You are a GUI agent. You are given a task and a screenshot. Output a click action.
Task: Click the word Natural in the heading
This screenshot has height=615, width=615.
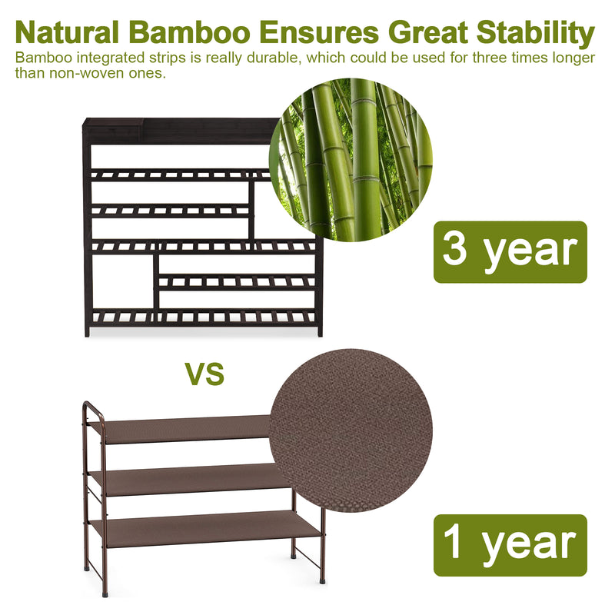pos(67,33)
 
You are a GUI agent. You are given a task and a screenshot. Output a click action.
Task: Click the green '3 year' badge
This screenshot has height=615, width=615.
pos(510,252)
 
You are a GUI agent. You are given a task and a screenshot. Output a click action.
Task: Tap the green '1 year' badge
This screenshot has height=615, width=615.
pos(510,545)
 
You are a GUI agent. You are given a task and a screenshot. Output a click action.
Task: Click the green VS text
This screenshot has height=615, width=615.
pos(204,374)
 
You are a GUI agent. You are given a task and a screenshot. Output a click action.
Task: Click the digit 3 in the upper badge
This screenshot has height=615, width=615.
pos(455,251)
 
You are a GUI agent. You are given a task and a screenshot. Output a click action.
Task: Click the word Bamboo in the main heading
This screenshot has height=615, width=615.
pos(191,33)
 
